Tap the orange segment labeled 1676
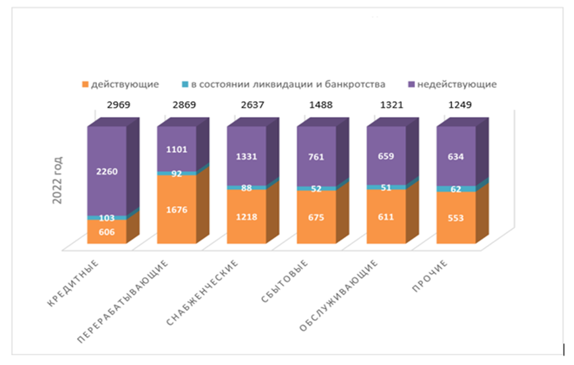[x=176, y=210]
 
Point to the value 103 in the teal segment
[x=106, y=217]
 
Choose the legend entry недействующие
[x=453, y=84]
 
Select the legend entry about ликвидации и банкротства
[x=284, y=84]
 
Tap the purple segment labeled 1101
[x=176, y=148]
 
